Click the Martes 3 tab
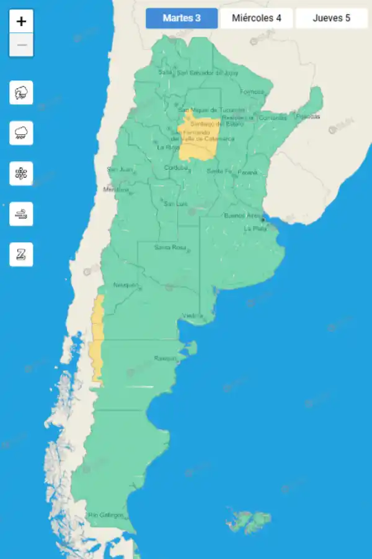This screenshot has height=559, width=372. click(x=182, y=18)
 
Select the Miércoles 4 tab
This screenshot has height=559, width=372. click(x=257, y=18)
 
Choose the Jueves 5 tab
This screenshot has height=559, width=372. click(x=331, y=18)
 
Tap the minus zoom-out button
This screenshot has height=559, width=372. click(x=21, y=45)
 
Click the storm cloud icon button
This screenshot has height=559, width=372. click(x=21, y=93)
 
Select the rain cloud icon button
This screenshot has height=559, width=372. click(x=21, y=133)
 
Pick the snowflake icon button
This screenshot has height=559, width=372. click(x=21, y=173)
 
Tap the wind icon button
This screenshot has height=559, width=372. click(x=21, y=214)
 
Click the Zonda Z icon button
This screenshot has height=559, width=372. click(x=21, y=254)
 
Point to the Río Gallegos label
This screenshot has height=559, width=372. click(x=105, y=515)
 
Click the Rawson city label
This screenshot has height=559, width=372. click(x=165, y=358)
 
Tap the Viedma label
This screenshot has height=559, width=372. click(x=192, y=316)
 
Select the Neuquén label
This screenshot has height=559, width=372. click(x=126, y=285)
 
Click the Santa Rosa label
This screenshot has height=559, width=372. click(x=170, y=247)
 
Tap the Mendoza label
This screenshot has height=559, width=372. click(x=115, y=189)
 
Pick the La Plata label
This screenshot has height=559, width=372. click(x=255, y=228)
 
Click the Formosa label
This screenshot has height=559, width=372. click(x=252, y=92)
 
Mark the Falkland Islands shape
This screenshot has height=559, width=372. click(x=250, y=522)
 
